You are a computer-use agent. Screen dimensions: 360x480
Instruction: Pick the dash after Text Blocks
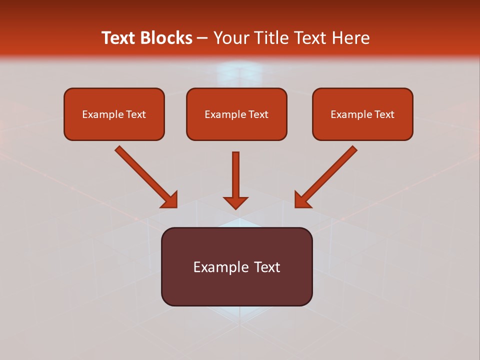pos(202,38)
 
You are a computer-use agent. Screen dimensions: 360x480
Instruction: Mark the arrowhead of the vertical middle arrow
pos(235,202)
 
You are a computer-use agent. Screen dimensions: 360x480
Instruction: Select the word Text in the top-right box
pos(384,114)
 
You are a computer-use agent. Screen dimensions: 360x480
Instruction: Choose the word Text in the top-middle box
pos(258,114)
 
